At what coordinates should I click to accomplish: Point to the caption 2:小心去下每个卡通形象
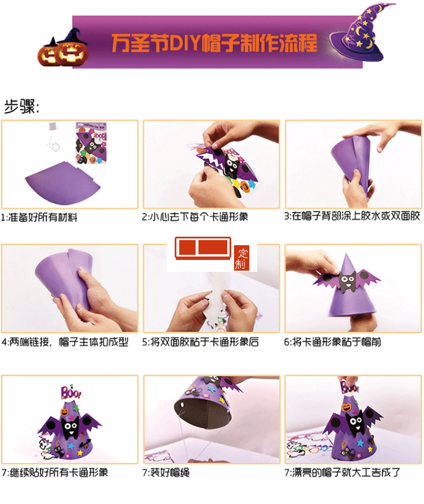point(195,217)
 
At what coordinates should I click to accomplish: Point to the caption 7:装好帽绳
point(169,472)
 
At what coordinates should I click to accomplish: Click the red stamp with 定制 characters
point(242,258)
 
